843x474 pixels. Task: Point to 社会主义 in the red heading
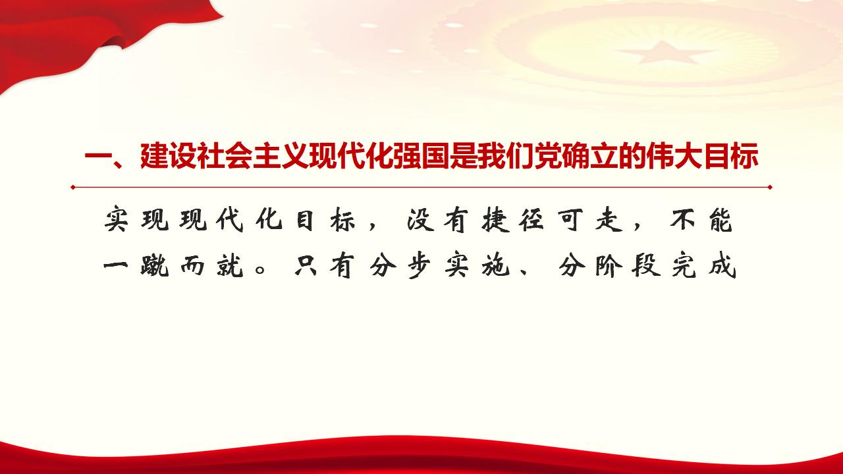[x=253, y=158]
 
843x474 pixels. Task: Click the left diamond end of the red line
[x=73, y=187]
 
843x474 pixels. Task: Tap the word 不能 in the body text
[x=702, y=223]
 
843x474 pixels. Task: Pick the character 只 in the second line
[x=310, y=267]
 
